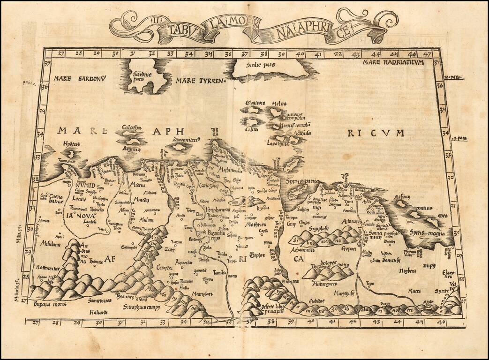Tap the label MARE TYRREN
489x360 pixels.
(198, 81)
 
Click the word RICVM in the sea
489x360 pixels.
(375, 133)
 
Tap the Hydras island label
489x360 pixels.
(68, 145)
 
